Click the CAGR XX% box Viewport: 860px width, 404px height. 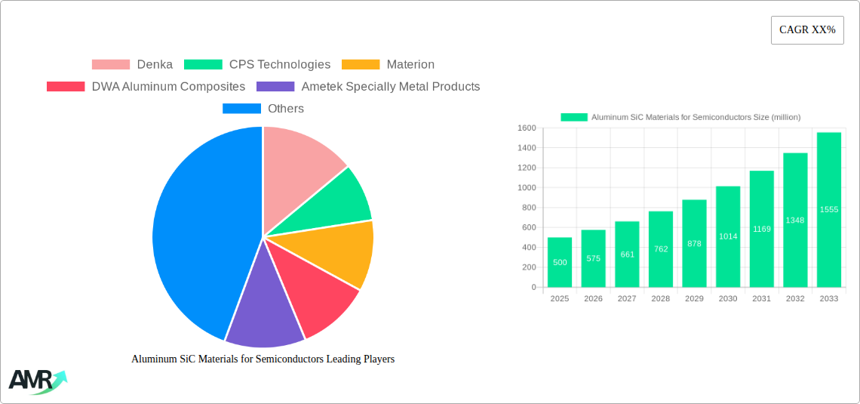(807, 30)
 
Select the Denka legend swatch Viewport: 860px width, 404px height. (110, 65)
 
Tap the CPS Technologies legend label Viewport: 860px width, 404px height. (279, 65)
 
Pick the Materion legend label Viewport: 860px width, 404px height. (410, 65)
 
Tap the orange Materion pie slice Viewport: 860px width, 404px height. (343, 253)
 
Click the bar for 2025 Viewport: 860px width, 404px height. (560, 262)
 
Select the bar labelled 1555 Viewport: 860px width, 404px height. (829, 209)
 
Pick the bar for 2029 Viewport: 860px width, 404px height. (694, 243)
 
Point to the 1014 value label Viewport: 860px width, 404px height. (728, 236)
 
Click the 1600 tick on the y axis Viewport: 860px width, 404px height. (526, 128)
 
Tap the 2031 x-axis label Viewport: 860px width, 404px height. (761, 299)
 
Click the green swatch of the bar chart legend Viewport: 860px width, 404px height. (573, 117)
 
